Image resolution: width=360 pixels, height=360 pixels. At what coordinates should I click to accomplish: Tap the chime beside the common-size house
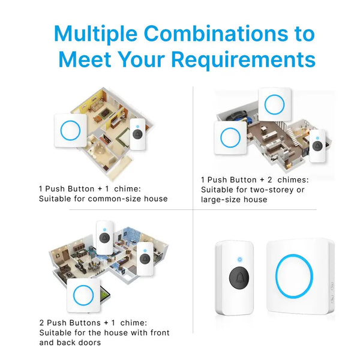click(70, 130)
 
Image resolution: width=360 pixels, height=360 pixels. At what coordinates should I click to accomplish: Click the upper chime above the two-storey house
click(275, 104)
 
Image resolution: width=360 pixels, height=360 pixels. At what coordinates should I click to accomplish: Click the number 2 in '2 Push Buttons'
click(41, 323)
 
